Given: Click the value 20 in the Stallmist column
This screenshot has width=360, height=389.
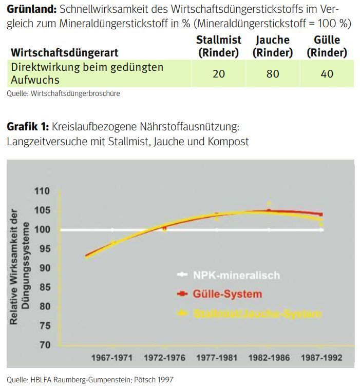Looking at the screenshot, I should (219, 74).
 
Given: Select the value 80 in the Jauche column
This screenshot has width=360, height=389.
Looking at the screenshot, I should (273, 74).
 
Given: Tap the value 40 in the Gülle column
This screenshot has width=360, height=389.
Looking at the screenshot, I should (327, 74).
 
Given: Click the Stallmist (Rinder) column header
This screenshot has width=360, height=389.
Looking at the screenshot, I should (219, 46).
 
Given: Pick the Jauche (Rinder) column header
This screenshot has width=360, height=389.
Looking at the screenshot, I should (273, 46).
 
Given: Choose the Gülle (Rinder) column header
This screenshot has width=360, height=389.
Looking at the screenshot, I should (327, 46).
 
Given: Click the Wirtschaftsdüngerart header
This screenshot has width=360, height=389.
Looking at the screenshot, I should (65, 53).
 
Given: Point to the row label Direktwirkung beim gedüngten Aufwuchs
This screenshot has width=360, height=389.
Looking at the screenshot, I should (87, 73).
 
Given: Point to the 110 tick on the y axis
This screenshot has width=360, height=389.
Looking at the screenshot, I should (43, 191).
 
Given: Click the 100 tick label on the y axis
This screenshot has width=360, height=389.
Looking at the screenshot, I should (43, 229).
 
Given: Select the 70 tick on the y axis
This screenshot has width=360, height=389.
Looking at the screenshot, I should (45, 345).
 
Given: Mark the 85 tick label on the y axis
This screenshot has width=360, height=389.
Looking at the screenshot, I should (45, 287).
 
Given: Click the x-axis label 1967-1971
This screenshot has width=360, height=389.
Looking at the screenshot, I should (112, 358).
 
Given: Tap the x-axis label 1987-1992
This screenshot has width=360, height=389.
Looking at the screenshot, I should (321, 358).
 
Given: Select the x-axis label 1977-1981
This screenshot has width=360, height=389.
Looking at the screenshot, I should (217, 358).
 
